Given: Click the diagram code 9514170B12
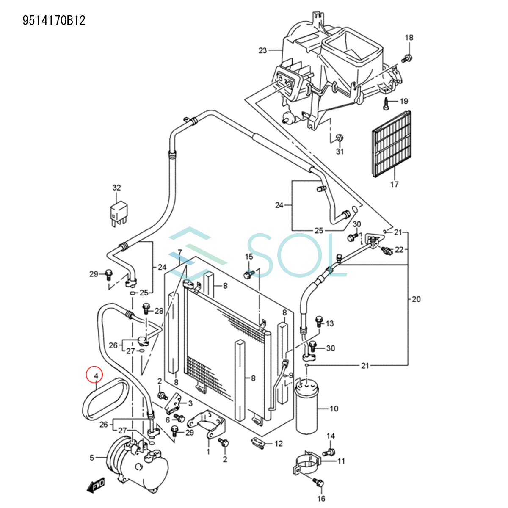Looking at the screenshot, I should click(54, 20).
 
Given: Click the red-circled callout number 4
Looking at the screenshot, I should click(96, 375).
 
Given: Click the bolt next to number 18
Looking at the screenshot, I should click(408, 58).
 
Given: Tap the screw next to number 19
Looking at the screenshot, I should click(387, 102).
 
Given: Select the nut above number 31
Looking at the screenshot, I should click(339, 138).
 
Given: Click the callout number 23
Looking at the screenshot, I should click(262, 51).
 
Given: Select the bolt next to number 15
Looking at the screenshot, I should click(248, 274).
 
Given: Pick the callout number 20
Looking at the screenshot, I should click(416, 299).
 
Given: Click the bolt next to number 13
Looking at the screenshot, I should click(319, 320).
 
